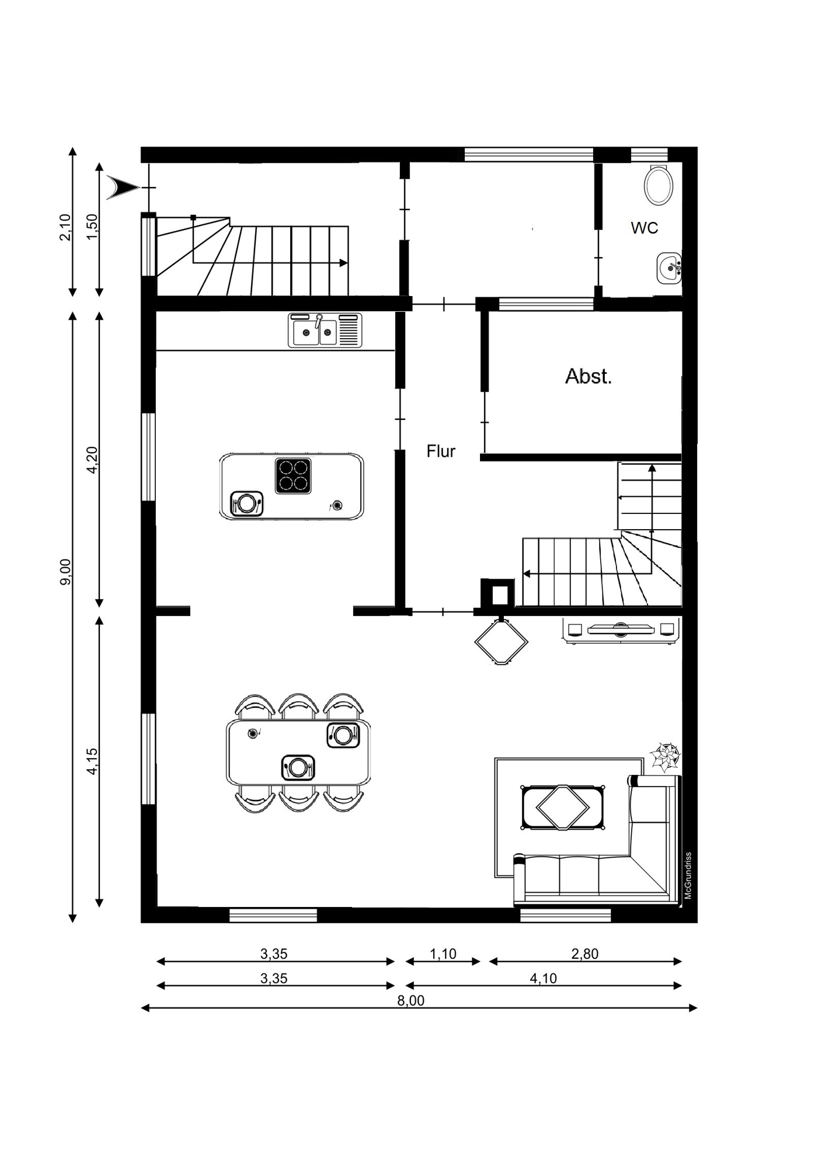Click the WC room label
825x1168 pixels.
(x=644, y=228)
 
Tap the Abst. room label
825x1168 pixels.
(x=589, y=377)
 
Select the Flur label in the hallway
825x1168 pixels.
(x=441, y=451)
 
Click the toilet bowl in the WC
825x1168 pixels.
(x=659, y=184)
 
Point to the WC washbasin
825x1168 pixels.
(x=669, y=268)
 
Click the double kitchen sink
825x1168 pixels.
(x=325, y=330)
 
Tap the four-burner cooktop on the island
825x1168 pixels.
(x=293, y=476)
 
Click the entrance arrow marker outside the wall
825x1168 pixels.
(x=121, y=187)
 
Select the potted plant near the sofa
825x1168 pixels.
(x=666, y=757)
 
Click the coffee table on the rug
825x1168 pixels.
(x=563, y=807)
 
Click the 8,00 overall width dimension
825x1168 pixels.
(x=411, y=1000)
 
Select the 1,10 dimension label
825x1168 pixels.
(x=443, y=954)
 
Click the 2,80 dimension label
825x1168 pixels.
(x=585, y=954)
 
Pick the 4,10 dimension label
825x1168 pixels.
(x=543, y=978)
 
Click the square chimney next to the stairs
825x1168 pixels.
(x=497, y=595)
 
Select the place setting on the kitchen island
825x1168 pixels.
(x=246, y=503)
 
